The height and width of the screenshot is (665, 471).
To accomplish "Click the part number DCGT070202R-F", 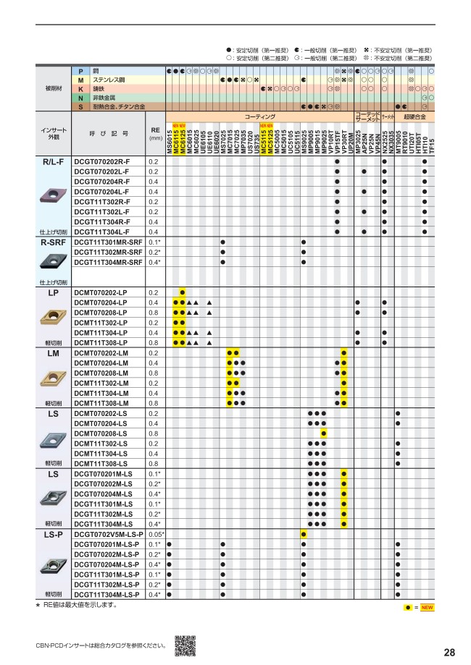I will tap(102, 161).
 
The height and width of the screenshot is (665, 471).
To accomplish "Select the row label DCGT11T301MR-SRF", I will tap(109, 242).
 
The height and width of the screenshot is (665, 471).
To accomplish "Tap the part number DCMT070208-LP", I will tap(101, 313).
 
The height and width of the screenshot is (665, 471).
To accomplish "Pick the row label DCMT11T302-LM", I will tap(101, 383).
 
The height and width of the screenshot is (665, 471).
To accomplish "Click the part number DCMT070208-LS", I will tap(101, 433).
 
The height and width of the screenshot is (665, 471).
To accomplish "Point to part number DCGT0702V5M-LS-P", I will tap(108, 534).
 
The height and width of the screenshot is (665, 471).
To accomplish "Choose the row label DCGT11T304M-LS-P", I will tap(107, 594).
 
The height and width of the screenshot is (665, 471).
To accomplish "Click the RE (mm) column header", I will tap(154, 132).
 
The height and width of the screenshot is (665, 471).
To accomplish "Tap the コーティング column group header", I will tap(259, 117).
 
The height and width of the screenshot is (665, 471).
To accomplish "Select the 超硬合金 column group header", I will tap(415, 117).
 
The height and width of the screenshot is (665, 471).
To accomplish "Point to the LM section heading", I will tap(54, 353).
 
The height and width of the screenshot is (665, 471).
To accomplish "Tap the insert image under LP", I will tap(54, 316).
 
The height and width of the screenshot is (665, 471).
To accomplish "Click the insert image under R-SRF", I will tap(54, 261).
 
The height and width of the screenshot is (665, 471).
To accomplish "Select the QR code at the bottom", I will tap(186, 645).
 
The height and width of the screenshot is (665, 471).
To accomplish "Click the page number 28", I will tap(449, 652).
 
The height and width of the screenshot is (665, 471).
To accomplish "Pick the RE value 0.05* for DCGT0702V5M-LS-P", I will tap(154, 534).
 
